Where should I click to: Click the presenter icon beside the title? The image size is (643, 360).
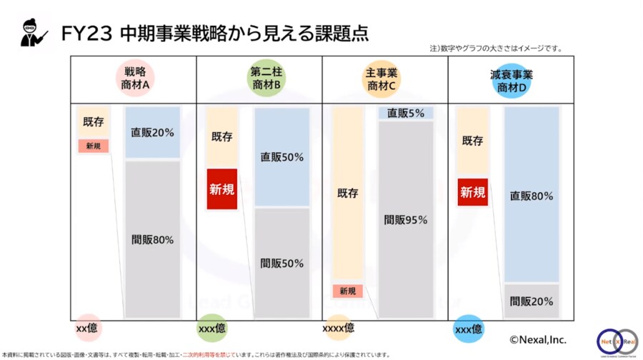tap(33, 32)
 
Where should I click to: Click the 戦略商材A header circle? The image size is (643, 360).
tap(135, 79)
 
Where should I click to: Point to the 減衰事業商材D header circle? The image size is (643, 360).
tap(512, 79)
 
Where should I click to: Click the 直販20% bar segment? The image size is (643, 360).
tap(152, 133)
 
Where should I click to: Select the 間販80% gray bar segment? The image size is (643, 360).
tap(152, 239)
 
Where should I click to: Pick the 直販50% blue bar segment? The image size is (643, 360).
tap(281, 157)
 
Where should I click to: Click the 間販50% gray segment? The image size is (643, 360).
tap(281, 263)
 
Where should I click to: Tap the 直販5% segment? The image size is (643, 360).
tap(405, 113)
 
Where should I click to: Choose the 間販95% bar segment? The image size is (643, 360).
tap(405, 220)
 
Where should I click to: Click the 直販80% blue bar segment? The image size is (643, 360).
tap(531, 194)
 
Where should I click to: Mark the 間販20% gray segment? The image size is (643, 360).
tap(531, 301)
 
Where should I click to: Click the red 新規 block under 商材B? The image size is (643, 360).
tap(221, 189)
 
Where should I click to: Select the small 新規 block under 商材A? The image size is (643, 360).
tap(93, 146)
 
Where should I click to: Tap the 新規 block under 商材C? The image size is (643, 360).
tap(347, 291)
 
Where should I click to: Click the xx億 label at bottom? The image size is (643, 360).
tap(87, 329)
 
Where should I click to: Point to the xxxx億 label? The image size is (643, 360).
tap(338, 328)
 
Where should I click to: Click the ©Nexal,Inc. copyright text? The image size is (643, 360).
tap(537, 340)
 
